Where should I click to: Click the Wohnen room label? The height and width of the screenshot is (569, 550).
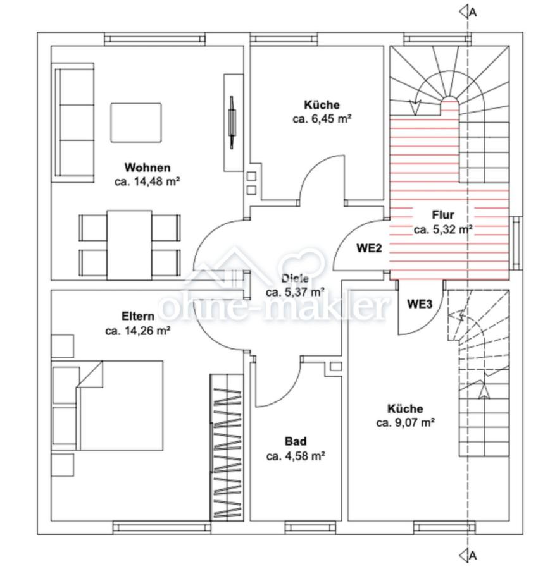(x=147, y=168)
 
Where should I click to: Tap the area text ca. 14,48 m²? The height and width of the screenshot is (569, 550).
(x=147, y=181)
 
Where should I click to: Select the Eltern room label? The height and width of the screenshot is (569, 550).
(x=138, y=316)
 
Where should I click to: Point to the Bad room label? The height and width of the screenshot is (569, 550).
(x=296, y=441)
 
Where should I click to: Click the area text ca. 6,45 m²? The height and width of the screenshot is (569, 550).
(x=322, y=119)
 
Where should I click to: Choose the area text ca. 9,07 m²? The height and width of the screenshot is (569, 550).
(x=406, y=423)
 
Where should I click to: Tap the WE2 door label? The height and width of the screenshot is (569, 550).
(x=369, y=248)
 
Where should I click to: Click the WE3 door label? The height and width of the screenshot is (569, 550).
(x=420, y=303)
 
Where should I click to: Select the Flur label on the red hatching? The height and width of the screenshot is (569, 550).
(x=443, y=215)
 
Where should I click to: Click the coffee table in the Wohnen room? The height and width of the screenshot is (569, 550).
(x=136, y=123)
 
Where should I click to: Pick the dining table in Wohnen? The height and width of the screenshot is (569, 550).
(x=129, y=245)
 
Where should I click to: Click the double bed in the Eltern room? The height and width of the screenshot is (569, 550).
(x=108, y=405)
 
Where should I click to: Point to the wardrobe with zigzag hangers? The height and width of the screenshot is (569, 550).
(x=227, y=447)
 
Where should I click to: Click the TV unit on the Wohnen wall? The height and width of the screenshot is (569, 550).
(x=233, y=123)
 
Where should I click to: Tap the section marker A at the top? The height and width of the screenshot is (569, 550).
(x=468, y=12)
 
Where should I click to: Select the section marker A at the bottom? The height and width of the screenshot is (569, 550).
(x=468, y=555)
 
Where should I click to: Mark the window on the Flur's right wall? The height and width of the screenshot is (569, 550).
(x=516, y=243)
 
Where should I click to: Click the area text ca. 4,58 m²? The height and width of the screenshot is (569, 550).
(x=296, y=456)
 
